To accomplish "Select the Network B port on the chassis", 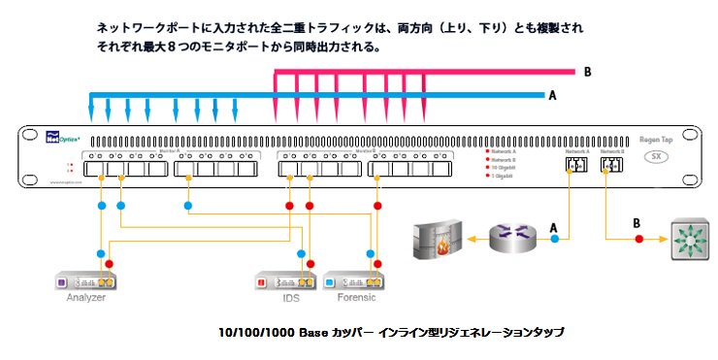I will (612, 167).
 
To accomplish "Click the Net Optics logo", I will (64, 139).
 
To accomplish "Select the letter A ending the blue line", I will (553, 95).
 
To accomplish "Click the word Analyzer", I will (85, 297).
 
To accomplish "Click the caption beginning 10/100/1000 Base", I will (392, 333).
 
